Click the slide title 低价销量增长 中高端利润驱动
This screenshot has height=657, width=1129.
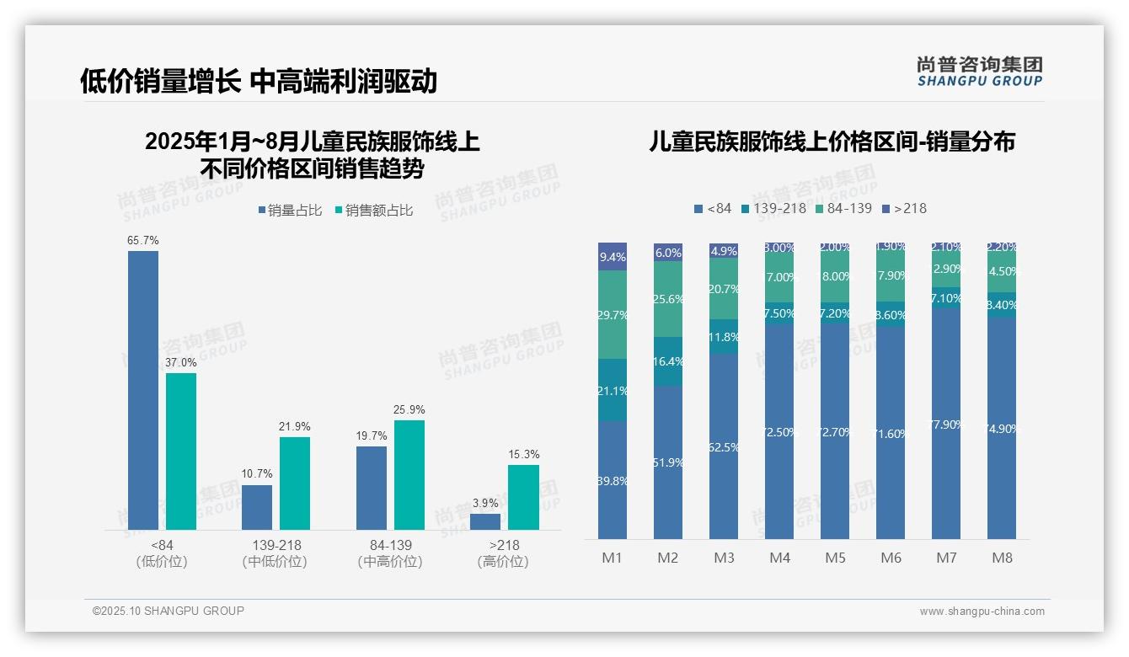tap(258, 81)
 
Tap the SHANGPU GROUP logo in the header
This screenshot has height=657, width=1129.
tap(979, 72)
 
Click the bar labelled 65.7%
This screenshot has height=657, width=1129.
tap(143, 390)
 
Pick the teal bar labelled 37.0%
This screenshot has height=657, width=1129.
tap(181, 451)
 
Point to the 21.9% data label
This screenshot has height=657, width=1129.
tap(295, 426)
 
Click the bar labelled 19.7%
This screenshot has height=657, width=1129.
tap(372, 488)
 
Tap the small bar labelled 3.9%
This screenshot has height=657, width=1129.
tap(485, 521)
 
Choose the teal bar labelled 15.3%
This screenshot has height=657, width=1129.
tap(523, 497)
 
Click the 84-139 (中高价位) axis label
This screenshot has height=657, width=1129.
tap(390, 553)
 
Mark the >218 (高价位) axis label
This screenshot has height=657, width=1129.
tap(504, 553)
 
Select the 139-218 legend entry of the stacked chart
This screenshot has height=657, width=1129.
tap(773, 208)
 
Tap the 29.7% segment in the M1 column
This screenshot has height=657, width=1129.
tap(613, 314)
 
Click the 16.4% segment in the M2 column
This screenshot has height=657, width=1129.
tap(668, 361)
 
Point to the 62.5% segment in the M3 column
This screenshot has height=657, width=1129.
tap(724, 446)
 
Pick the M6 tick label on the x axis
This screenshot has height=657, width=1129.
tap(891, 558)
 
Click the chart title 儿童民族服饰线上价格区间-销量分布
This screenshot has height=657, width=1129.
tap(832, 142)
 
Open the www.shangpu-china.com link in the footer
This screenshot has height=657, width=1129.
tap(982, 612)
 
